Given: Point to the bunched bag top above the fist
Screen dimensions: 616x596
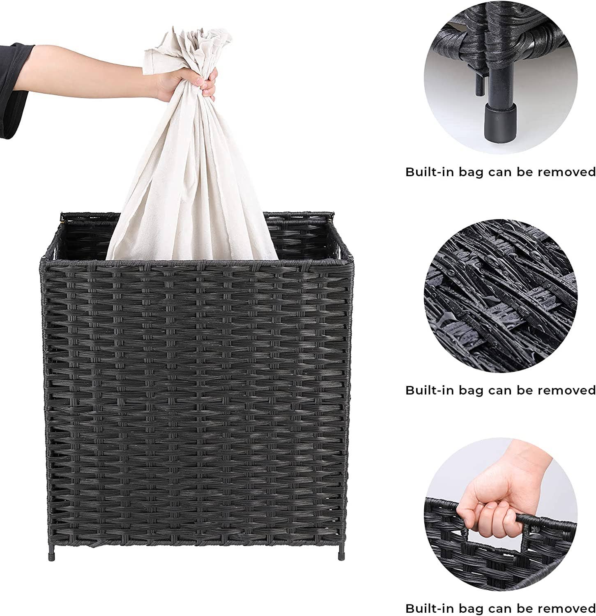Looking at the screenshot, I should (193, 45).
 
